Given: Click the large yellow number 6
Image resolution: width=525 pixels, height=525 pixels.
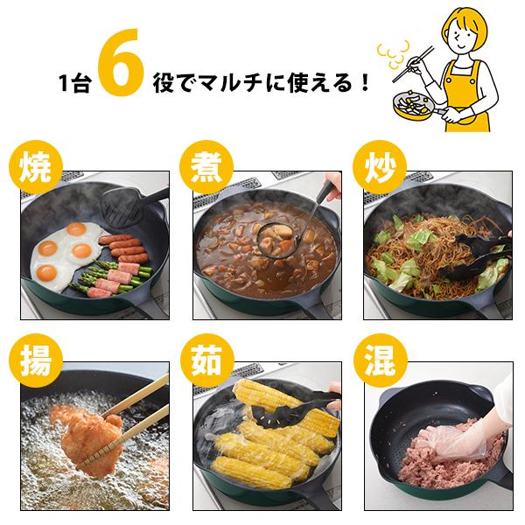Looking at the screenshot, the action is point(122,62).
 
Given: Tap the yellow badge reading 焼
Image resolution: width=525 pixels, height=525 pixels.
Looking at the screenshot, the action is point(36,167).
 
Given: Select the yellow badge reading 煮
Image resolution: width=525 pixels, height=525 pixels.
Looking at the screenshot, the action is point(206,167).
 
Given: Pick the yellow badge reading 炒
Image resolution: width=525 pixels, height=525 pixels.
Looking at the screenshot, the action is point(380,167).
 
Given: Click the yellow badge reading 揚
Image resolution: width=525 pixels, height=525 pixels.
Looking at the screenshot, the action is point(36,360).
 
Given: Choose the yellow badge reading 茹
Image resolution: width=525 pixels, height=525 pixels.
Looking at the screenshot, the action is point(206,360).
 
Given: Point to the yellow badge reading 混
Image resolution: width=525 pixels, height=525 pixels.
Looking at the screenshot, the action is point(380,360).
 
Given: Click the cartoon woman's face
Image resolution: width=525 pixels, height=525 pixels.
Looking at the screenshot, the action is point(463,36).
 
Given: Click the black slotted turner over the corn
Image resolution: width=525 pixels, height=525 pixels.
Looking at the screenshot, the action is point(288,412).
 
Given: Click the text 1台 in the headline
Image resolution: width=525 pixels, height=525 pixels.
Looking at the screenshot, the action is point(75,83).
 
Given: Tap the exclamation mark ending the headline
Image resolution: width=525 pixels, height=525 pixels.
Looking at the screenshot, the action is point(365,83).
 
